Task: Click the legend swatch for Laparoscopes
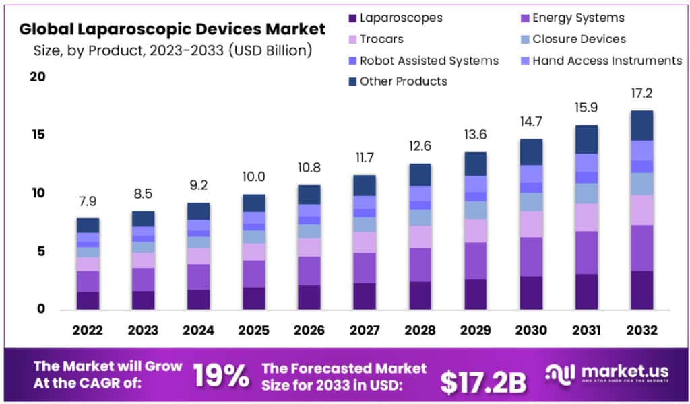click(352, 18)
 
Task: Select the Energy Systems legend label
click(578, 18)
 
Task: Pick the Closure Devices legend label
click(579, 39)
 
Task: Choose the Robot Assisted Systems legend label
click(429, 61)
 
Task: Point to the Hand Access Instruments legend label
click(607, 61)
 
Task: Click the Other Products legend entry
click(403, 81)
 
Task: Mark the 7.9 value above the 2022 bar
click(88, 201)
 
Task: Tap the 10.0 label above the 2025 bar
click(253, 177)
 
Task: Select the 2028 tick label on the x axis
click(419, 331)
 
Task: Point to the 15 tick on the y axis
click(37, 135)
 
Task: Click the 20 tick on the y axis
click(37, 77)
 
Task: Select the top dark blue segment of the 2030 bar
click(530, 151)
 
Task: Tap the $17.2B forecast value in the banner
click(482, 381)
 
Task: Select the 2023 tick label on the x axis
click(143, 331)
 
